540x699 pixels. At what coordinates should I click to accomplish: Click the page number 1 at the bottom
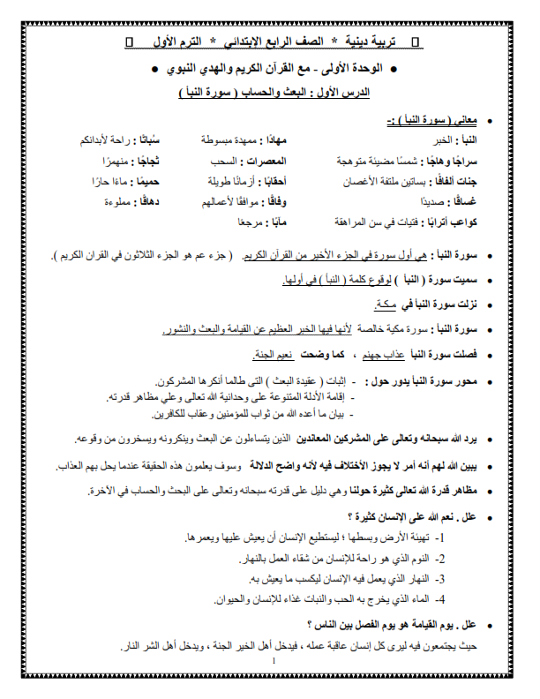(x=274, y=661)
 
